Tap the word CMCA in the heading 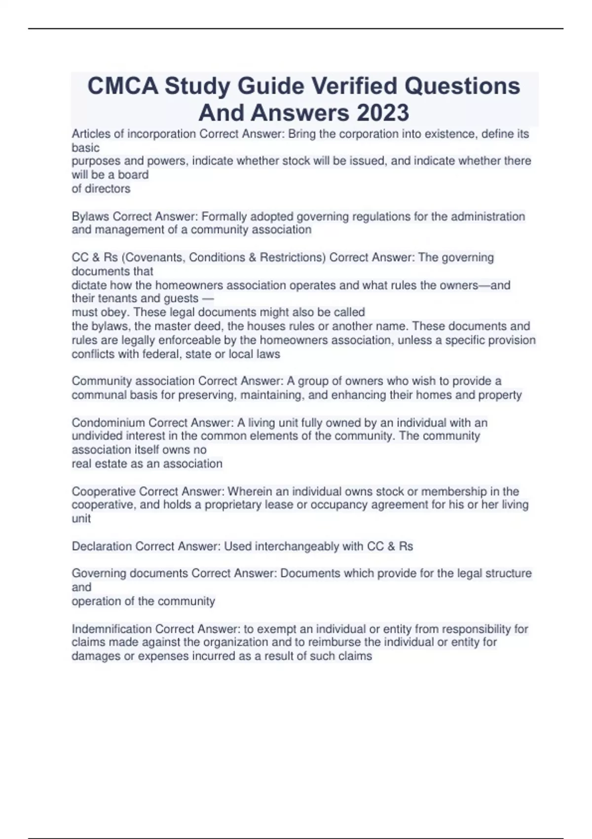click(x=123, y=86)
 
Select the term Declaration click(x=102, y=546)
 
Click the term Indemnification click(x=111, y=629)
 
